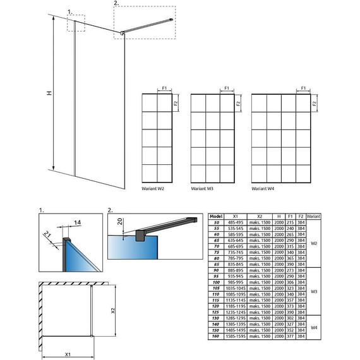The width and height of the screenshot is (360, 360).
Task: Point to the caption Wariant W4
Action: tap(262, 188)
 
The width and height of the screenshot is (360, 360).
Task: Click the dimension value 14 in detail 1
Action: tap(76, 223)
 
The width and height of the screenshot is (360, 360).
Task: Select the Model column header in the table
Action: tap(216, 216)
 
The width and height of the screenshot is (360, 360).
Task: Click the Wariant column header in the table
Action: tap(313, 216)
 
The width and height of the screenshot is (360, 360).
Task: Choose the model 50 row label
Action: tap(216, 223)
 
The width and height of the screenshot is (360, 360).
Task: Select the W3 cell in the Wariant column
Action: tap(313, 292)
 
